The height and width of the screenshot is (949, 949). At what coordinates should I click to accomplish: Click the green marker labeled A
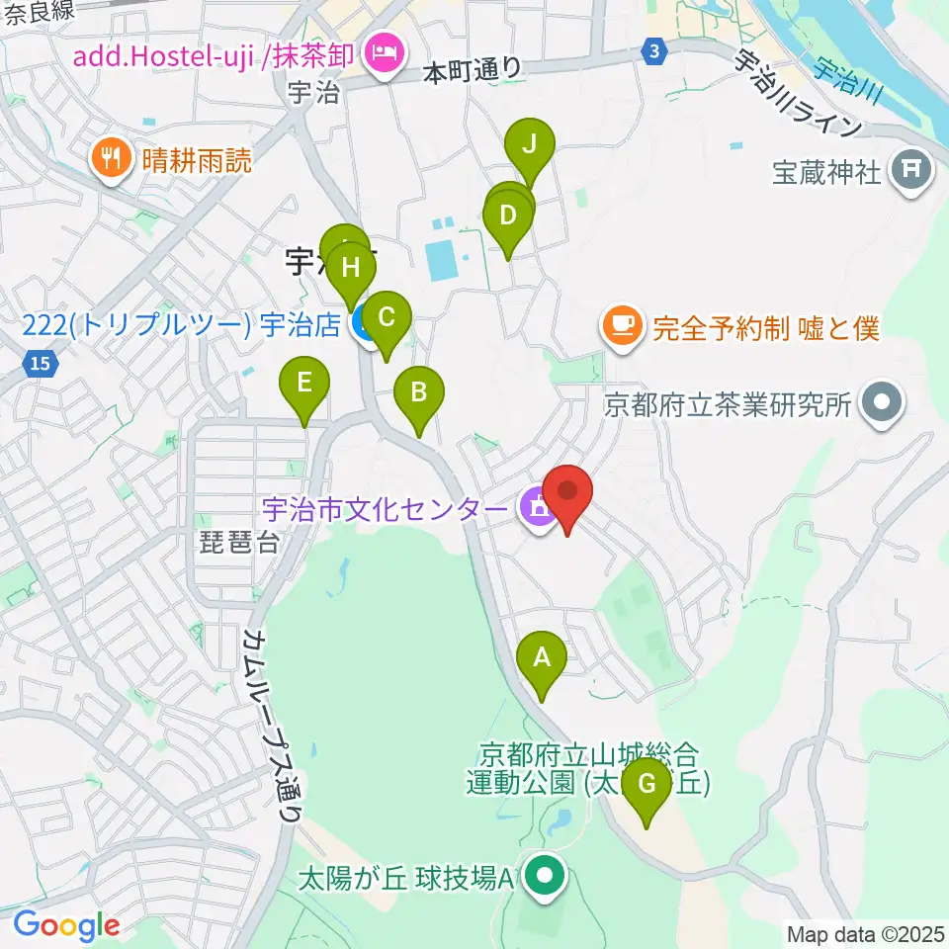pos(542,656)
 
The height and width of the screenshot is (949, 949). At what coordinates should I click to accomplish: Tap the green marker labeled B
pos(418,391)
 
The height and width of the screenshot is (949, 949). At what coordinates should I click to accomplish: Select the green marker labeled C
pos(387,317)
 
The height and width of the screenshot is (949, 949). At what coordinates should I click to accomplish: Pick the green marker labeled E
pos(304,382)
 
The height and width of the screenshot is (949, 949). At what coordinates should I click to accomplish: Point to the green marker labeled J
pos(529,144)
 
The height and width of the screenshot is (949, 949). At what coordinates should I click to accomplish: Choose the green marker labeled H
pos(350,267)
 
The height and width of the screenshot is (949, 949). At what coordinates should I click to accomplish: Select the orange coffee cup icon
pos(624,326)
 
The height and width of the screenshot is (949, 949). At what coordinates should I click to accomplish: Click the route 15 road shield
pos(39,366)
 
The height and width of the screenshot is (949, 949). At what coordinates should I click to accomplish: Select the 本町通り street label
pos(472,69)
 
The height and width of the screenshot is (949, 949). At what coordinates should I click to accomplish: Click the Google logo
pos(66,925)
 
